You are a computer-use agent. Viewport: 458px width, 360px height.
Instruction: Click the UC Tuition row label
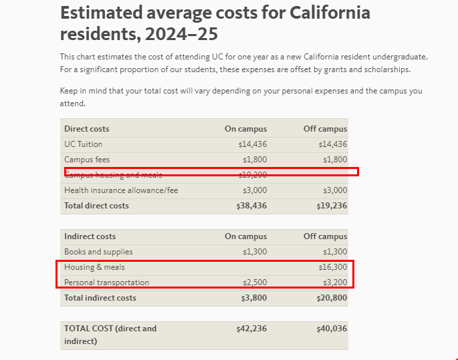pos(84,144)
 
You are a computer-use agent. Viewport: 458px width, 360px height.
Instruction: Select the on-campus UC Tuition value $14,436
pos(252,144)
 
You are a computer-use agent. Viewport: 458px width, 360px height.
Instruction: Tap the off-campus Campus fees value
pos(334,160)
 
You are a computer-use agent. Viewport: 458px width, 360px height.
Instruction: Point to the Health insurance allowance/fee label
pos(121,190)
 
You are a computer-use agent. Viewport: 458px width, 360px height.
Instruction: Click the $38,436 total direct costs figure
pos(251,206)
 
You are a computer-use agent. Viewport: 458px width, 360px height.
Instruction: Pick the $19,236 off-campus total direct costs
pos(332,206)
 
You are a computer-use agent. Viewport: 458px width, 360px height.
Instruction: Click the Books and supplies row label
pos(98,252)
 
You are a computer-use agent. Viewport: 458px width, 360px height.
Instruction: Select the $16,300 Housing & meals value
pos(332,267)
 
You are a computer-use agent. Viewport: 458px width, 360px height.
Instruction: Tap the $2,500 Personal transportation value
pos(254,283)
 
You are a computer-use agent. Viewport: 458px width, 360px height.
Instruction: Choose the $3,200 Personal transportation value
pos(334,283)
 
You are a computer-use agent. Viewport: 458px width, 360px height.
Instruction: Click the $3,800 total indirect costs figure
pos(253,298)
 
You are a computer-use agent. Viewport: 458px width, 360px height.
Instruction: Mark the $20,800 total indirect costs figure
pos(332,298)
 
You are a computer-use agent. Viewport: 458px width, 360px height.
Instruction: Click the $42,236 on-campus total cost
pos(251,329)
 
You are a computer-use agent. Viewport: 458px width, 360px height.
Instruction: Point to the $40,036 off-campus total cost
pos(332,329)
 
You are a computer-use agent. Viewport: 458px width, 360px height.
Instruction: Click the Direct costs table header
pos(87,129)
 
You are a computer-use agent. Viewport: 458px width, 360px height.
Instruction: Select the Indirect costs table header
pos(90,236)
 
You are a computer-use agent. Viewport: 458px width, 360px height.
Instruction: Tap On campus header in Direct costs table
pos(245,129)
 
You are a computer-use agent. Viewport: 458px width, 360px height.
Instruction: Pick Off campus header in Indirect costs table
pos(325,236)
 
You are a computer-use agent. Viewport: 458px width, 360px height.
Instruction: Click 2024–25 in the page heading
pos(184,34)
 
